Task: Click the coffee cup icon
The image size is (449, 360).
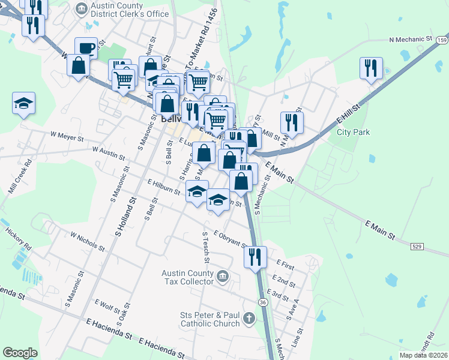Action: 86,47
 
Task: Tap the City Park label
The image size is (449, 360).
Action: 353,132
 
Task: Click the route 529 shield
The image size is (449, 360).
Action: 418,246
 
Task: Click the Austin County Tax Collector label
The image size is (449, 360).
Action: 188,277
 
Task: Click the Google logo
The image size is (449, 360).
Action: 20,353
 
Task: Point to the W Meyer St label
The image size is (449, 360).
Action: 67,137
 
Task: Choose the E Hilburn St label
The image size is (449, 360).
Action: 163,187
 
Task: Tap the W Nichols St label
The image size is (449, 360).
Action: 87,241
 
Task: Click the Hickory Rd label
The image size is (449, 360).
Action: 18,239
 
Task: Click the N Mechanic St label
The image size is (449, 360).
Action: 411,39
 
